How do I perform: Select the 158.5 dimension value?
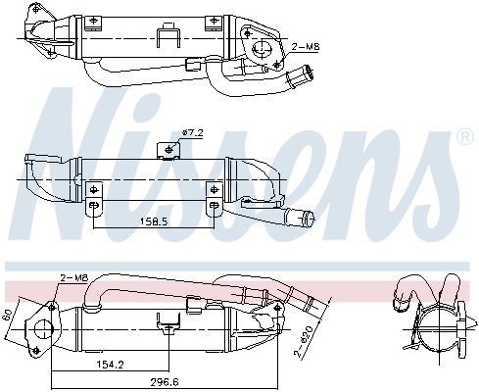(x=153, y=221)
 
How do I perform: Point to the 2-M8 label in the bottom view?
(x=72, y=278)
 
